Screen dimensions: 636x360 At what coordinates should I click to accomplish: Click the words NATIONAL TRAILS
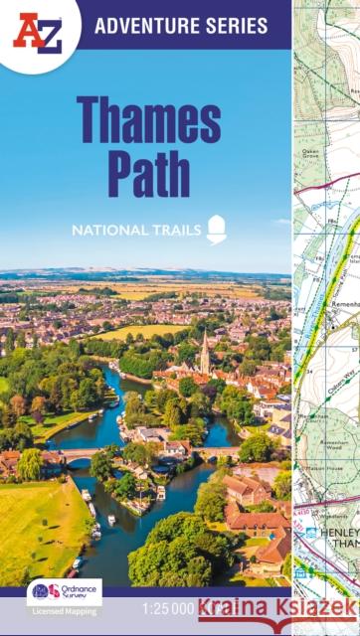click(x=135, y=232)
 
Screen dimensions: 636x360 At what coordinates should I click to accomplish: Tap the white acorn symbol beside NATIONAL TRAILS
click(x=216, y=230)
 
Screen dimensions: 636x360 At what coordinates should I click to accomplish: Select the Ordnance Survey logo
click(x=64, y=590)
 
